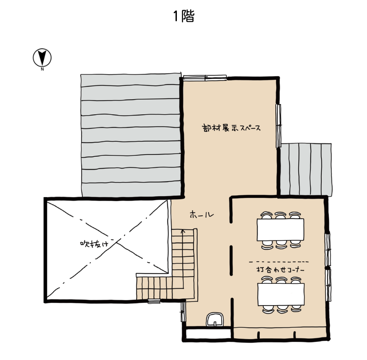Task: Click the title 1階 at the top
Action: click(x=184, y=16)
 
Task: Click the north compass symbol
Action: click(x=42, y=58)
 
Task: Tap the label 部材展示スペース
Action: click(x=231, y=128)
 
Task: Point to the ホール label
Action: click(x=202, y=214)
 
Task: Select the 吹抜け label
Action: click(x=94, y=244)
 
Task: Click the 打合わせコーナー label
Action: click(x=281, y=270)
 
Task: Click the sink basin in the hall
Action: click(x=215, y=319)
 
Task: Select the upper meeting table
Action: click(x=281, y=230)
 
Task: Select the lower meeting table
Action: click(x=281, y=294)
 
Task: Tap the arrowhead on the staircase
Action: click(x=183, y=231)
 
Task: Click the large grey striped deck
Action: click(x=131, y=135)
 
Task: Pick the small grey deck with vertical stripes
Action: click(x=306, y=169)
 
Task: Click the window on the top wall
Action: click(x=205, y=77)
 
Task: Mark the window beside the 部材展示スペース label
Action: click(x=278, y=126)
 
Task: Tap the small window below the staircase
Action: click(x=154, y=301)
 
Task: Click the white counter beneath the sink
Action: click(x=208, y=333)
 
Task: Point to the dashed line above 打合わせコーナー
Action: click(x=279, y=262)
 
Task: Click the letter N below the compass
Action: click(x=42, y=69)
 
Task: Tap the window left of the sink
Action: click(x=183, y=312)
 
